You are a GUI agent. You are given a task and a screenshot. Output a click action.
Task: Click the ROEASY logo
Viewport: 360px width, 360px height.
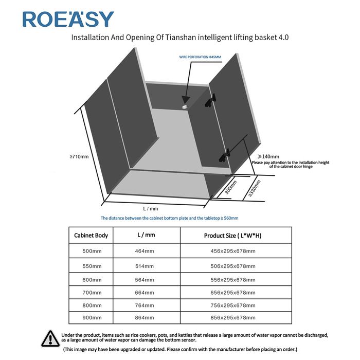click(x=68, y=19)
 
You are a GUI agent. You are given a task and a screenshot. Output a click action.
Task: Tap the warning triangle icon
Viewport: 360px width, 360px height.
click(x=50, y=338)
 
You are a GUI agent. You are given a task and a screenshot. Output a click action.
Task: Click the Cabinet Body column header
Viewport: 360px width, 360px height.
click(x=91, y=236)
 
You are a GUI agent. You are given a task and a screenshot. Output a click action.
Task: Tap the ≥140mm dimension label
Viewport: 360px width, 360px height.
click(x=268, y=156)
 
